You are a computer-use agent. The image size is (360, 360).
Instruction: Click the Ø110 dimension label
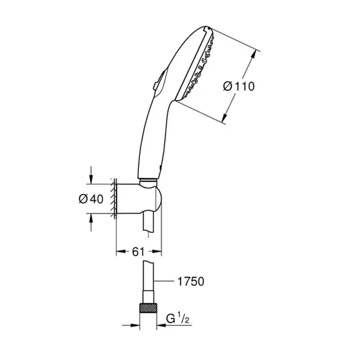pyautogui.click(x=238, y=85)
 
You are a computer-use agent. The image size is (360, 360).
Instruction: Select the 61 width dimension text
pyautogui.click(x=138, y=252)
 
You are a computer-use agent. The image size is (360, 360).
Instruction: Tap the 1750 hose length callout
pyautogui.click(x=189, y=282)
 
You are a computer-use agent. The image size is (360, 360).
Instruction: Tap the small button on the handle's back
pyautogui.click(x=155, y=84)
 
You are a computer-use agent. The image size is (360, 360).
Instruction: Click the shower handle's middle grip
pyautogui.click(x=151, y=135)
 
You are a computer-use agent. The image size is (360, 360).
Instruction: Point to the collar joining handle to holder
pyautogui.click(x=148, y=181)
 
